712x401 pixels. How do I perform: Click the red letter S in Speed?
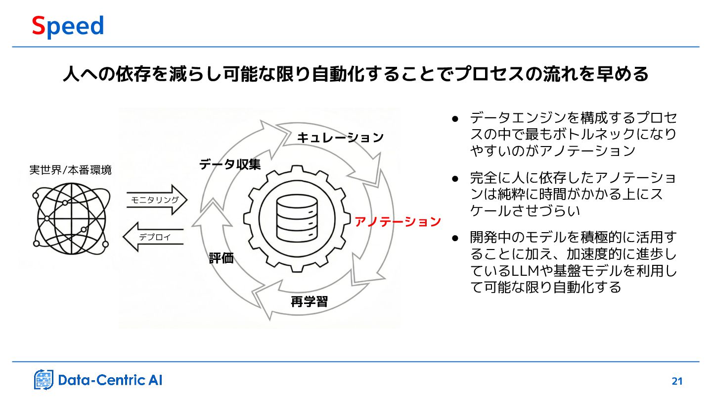tap(39, 26)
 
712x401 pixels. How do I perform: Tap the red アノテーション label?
tap(398, 222)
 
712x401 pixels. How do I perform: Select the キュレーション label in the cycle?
tap(340, 138)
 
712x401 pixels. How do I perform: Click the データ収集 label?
tap(230, 165)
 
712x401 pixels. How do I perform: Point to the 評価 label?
tap(221, 258)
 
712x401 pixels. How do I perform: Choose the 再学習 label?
tap(309, 301)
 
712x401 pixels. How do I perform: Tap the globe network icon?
tap(71, 218)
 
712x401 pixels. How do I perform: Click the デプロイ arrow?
tap(154, 237)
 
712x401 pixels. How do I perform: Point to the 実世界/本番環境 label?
tap(71, 170)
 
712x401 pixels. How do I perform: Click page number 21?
tap(677, 381)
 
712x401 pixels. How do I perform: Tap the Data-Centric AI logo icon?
tap(44, 380)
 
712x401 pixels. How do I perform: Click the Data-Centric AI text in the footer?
tap(110, 380)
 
